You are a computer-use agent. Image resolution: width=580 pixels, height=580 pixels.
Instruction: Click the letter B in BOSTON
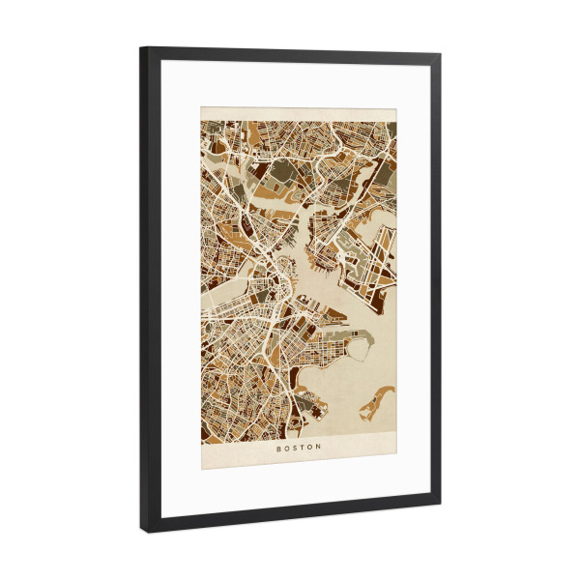tap(278, 448)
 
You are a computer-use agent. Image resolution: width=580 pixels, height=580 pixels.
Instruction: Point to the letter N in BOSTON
tap(322, 448)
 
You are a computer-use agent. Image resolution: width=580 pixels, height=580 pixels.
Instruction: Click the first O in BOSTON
tap(287, 448)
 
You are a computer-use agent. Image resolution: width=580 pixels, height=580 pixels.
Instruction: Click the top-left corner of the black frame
tap(141, 47)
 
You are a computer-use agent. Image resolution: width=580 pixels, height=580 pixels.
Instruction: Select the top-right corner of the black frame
tap(441, 55)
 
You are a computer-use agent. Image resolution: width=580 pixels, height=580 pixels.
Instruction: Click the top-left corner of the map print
tap(202, 108)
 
